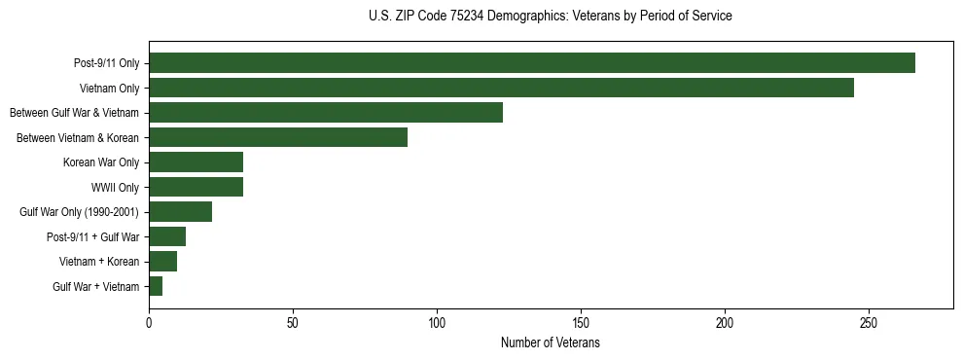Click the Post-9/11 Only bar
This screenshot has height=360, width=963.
(x=532, y=63)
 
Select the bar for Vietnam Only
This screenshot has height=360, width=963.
(x=501, y=88)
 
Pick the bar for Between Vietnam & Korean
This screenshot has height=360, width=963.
(x=278, y=137)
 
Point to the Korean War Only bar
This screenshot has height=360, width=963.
(x=196, y=162)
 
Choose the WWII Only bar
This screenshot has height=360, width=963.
(x=196, y=187)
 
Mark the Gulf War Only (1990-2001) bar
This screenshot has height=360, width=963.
(x=180, y=212)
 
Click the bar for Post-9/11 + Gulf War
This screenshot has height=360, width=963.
(x=167, y=236)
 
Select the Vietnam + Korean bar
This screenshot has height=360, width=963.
(x=162, y=262)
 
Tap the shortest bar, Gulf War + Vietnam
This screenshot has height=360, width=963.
(x=156, y=286)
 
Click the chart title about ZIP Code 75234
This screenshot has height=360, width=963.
(x=551, y=17)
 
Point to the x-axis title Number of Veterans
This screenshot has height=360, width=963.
(x=551, y=343)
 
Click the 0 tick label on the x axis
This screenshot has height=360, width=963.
(x=149, y=322)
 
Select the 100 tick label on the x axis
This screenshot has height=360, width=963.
(x=437, y=322)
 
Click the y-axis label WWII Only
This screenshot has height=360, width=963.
(x=115, y=188)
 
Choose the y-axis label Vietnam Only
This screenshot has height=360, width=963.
(x=110, y=89)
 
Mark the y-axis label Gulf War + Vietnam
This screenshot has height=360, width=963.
(x=96, y=287)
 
